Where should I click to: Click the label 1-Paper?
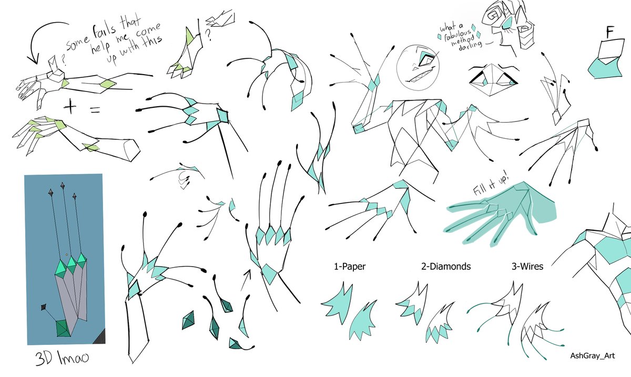coord(350,267)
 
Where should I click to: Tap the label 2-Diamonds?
coord(446,267)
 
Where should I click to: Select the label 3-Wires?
coord(527,267)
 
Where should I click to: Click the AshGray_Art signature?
coord(593,355)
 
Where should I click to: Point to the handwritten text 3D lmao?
coord(62,358)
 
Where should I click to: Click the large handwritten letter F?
coord(610,32)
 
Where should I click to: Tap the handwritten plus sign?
coord(70,107)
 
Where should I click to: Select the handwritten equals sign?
coord(95,110)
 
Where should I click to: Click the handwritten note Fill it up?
coord(491,186)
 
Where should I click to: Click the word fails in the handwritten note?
coord(104,33)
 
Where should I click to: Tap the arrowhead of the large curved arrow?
coord(33,59)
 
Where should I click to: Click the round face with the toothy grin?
coord(418,68)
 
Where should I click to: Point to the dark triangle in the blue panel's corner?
coord(100,337)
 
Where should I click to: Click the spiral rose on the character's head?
coord(494,14)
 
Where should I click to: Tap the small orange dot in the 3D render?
coord(66,254)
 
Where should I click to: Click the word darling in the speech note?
coord(471,45)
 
